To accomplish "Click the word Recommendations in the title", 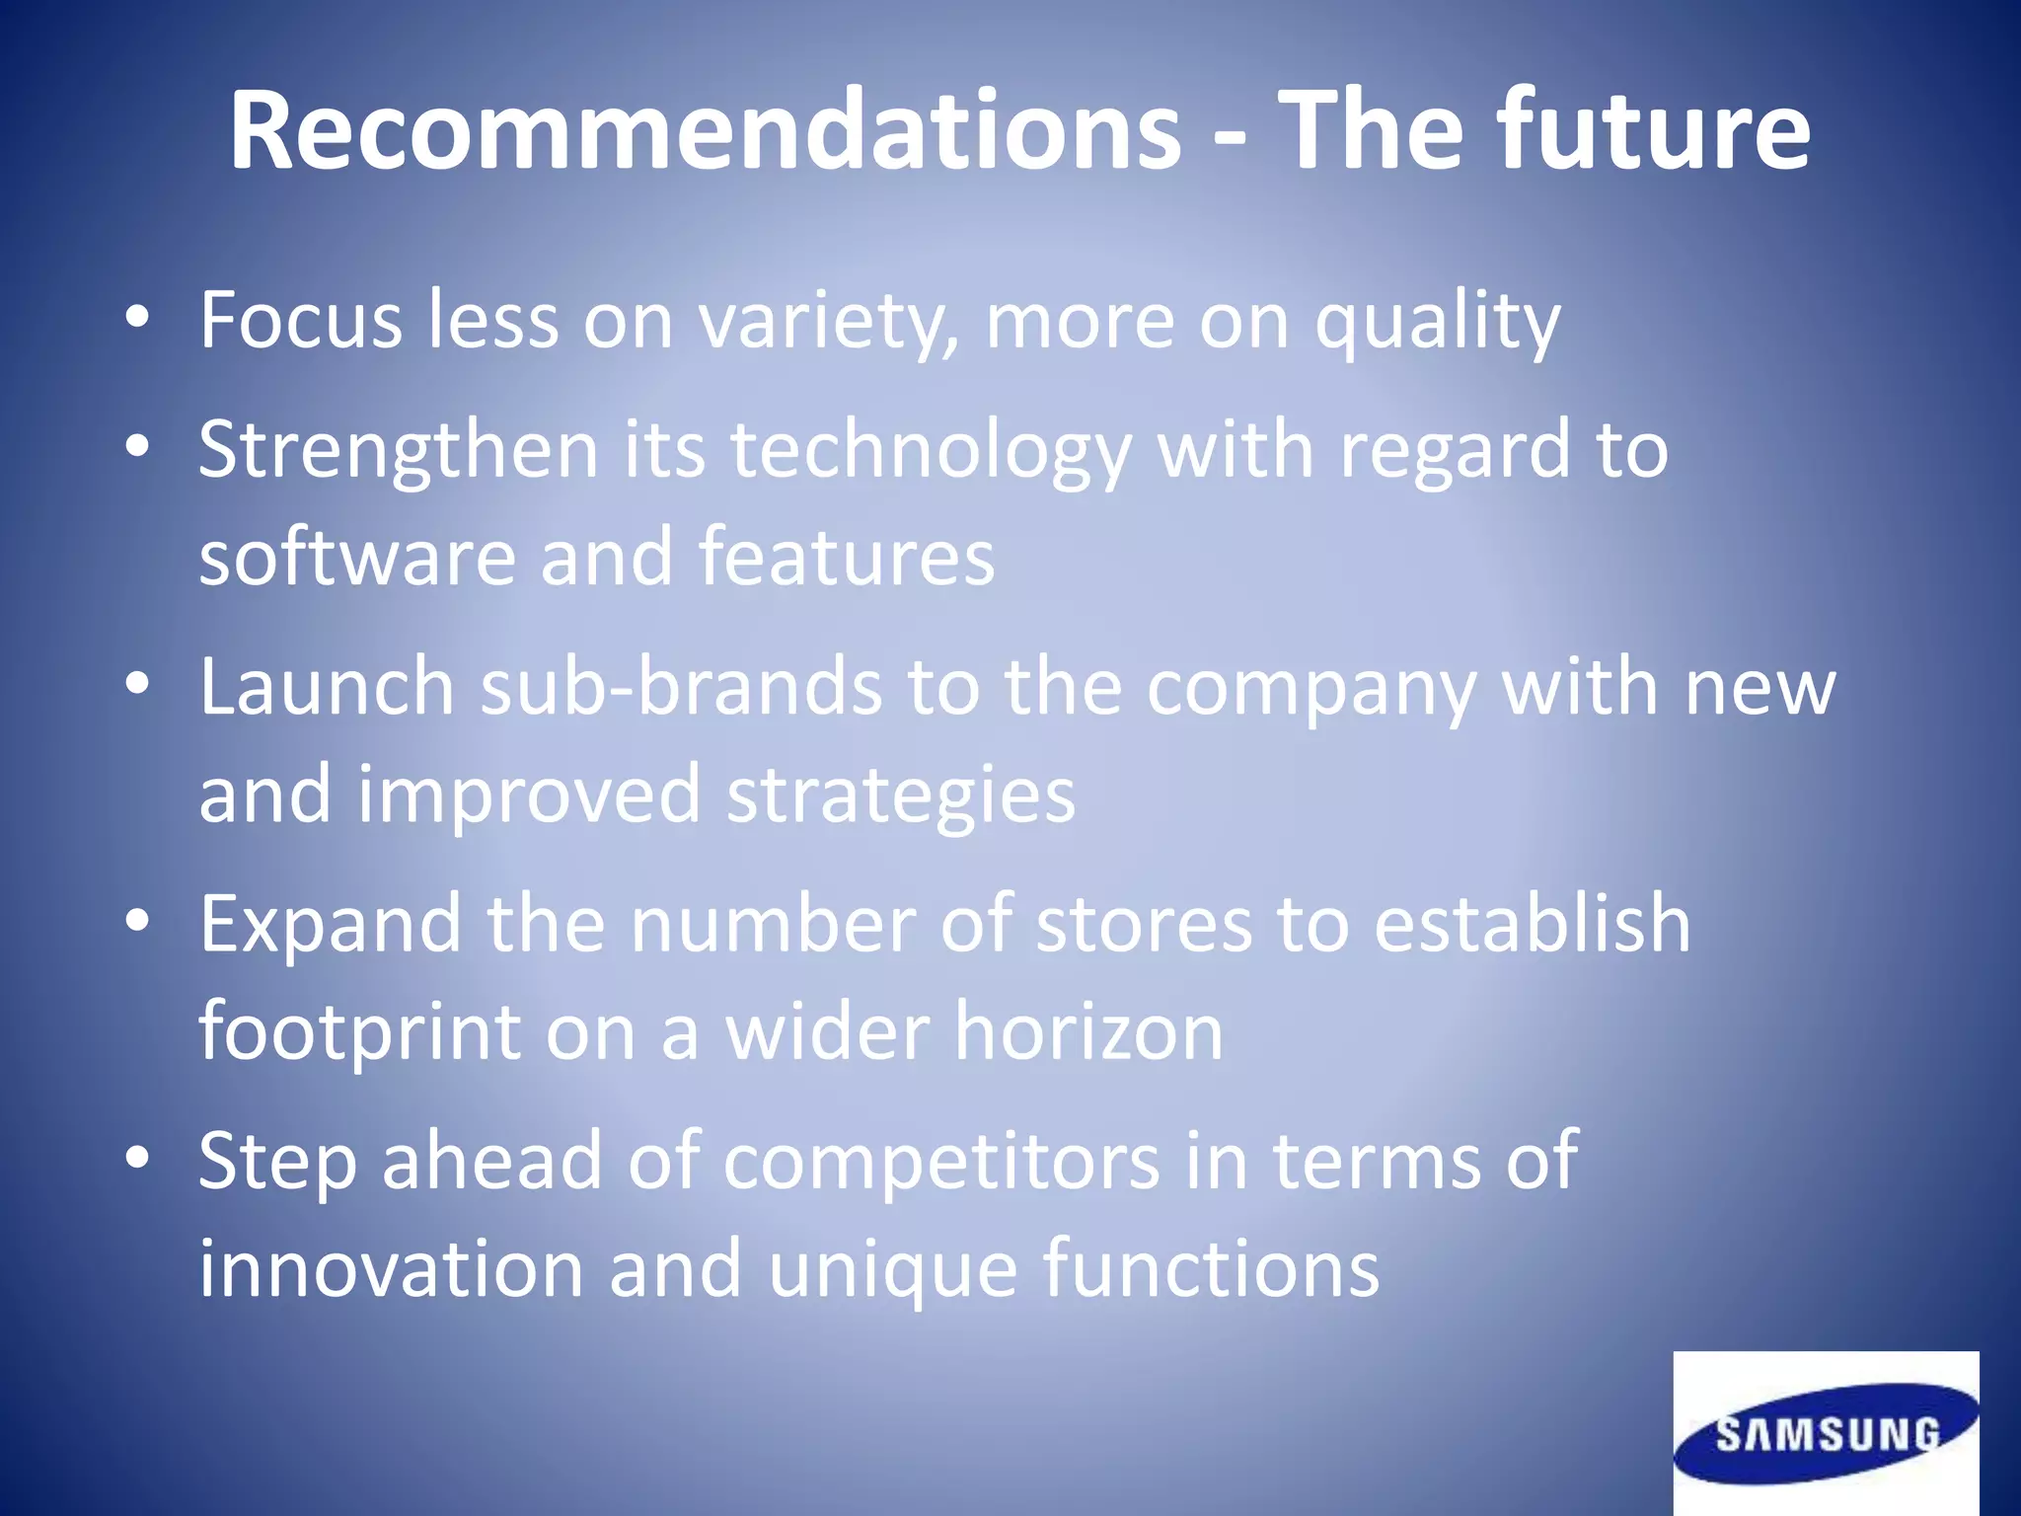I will coord(705,131).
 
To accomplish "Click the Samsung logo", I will coord(1826,1433).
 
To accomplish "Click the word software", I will coord(357,558).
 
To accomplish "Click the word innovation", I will coord(391,1268).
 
